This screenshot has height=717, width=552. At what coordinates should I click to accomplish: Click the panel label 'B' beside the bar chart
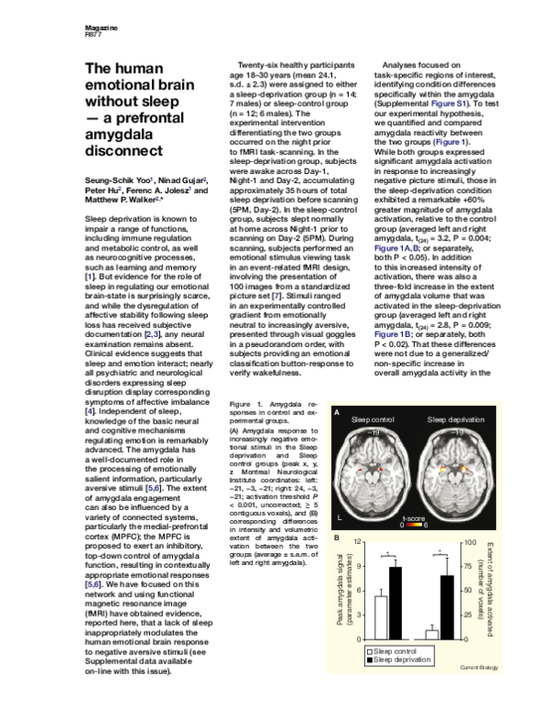point(338,538)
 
